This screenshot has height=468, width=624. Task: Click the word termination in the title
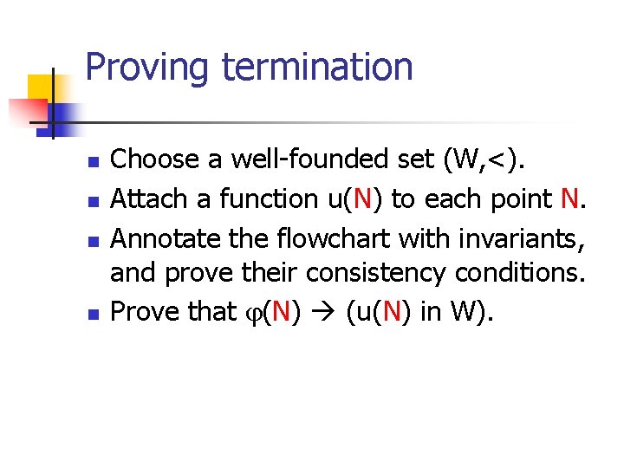(x=317, y=67)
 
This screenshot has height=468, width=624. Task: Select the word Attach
(x=150, y=199)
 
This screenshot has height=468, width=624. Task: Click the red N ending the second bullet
(x=569, y=199)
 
